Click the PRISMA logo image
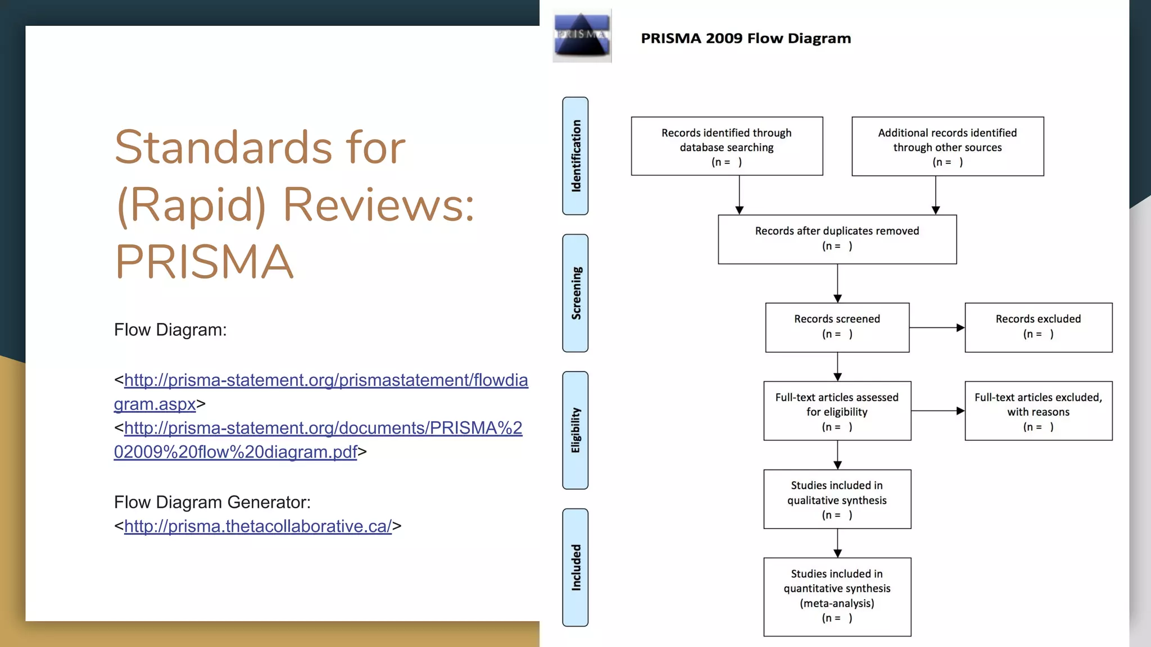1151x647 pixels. pyautogui.click(x=582, y=36)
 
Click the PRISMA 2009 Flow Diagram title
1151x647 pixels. pyautogui.click(x=746, y=39)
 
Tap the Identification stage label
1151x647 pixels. pyautogui.click(x=575, y=156)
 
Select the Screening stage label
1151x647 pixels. pyautogui.click(x=575, y=293)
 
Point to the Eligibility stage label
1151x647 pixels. pyautogui.click(x=575, y=430)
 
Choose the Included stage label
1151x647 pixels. pyautogui.click(x=575, y=567)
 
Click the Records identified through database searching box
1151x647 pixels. pyautogui.click(x=727, y=147)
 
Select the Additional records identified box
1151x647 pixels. pyautogui.click(x=948, y=147)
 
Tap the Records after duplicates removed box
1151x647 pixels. pyautogui.click(x=837, y=239)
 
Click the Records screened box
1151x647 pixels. pyautogui.click(x=837, y=327)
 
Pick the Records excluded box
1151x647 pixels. pyautogui.click(x=1038, y=327)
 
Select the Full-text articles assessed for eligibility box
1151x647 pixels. pyautogui.click(x=837, y=411)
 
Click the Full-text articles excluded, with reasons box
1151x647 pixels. pyautogui.click(x=1038, y=411)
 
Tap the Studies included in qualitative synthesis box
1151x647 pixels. pyautogui.click(x=837, y=499)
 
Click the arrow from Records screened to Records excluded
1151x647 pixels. pyautogui.click(x=937, y=327)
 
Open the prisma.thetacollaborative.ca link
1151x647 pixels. pyautogui.click(x=257, y=526)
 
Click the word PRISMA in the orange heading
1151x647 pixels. pyautogui.click(x=204, y=262)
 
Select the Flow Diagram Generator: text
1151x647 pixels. pyautogui.click(x=212, y=502)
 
